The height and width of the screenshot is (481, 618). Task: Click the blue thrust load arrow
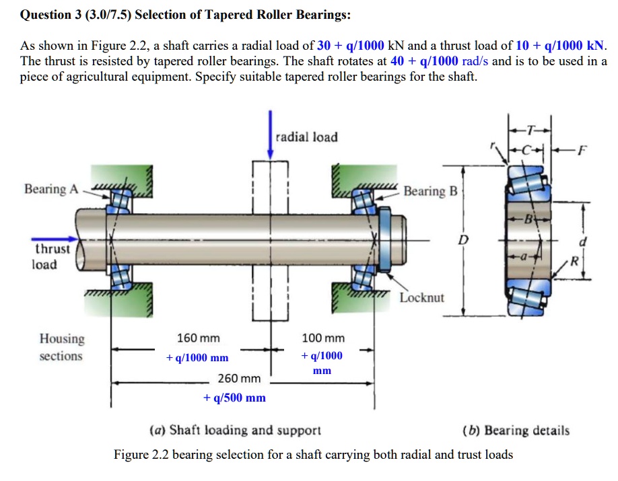coord(53,237)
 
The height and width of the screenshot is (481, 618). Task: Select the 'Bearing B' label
coord(430,191)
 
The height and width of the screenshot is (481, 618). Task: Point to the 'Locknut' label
coord(422,297)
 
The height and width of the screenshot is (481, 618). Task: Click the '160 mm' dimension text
coord(198,338)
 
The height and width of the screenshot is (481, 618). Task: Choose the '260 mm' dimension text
coord(239,378)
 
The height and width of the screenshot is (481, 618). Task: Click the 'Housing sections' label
coord(61,347)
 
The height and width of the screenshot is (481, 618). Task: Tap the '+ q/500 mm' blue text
coord(234,398)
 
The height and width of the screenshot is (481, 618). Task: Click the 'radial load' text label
coord(307,137)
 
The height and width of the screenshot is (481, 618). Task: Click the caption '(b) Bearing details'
coord(516,430)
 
